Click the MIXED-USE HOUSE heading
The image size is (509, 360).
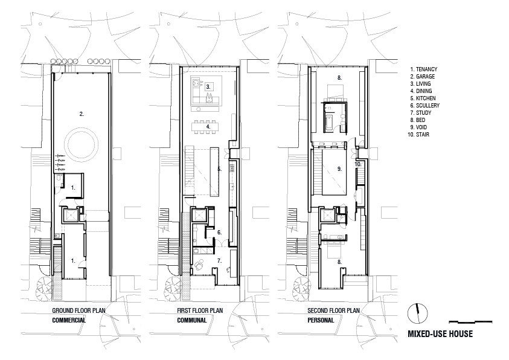coord(440,334)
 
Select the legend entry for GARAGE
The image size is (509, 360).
coord(425,77)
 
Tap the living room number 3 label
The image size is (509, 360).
coord(208,87)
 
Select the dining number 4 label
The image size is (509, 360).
coord(208,127)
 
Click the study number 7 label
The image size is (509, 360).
coord(220,261)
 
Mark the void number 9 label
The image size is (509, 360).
coord(339,170)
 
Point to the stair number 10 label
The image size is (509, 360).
coord(357,164)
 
